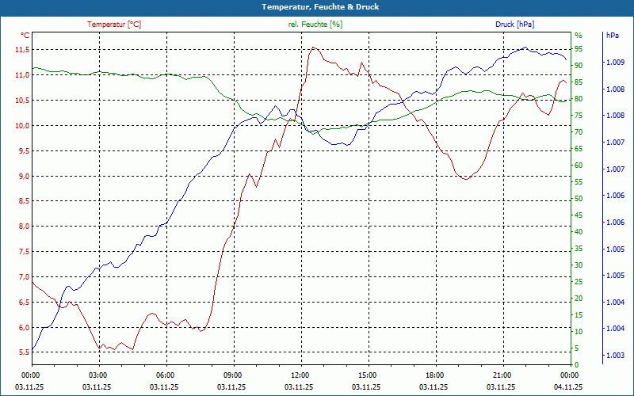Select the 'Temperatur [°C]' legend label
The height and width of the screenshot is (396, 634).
(x=114, y=25)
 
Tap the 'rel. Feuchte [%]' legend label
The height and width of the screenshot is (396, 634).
(x=315, y=25)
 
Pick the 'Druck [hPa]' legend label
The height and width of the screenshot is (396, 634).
(x=515, y=25)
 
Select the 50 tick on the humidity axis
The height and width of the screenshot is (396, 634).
(x=579, y=199)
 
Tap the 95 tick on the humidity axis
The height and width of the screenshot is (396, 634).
(x=579, y=49)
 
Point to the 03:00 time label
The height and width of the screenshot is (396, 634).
(x=97, y=375)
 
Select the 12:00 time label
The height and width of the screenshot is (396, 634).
(x=300, y=375)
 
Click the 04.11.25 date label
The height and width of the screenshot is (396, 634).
(x=568, y=387)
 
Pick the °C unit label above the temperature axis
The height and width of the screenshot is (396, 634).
(x=25, y=36)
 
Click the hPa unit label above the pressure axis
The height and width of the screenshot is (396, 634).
(x=613, y=36)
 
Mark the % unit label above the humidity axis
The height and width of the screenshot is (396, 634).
(x=578, y=36)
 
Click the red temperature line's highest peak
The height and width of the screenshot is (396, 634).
(x=313, y=48)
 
